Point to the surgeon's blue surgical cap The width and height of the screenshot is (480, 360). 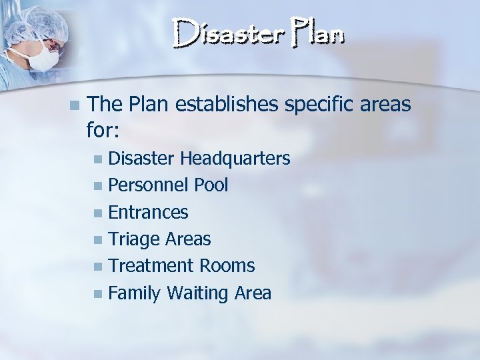[37, 20]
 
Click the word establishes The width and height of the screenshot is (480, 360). [225, 104]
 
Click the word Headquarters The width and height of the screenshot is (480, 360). [235, 159]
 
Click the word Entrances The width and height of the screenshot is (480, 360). [148, 213]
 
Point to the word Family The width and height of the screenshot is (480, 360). [134, 293]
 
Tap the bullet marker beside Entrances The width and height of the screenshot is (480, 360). [99, 213]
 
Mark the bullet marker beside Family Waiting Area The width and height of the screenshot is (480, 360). [99, 293]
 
